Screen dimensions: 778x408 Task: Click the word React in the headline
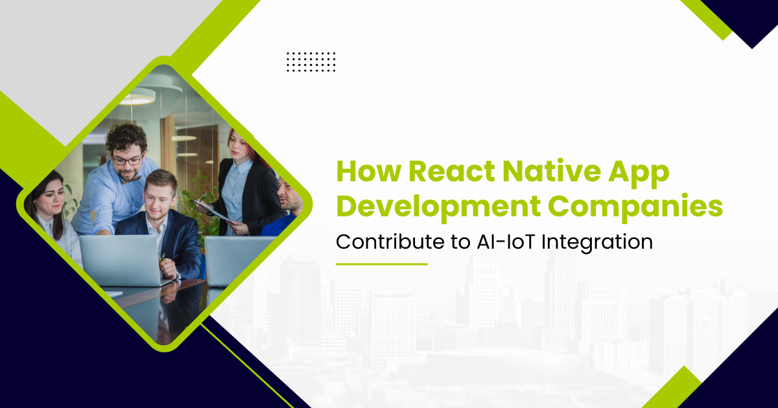pos(451,171)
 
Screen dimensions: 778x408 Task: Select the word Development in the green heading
pos(438,207)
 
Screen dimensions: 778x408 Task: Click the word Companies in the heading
pos(635,207)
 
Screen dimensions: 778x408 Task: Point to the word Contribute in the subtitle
pos(390,242)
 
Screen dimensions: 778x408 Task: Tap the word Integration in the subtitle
pos(597,242)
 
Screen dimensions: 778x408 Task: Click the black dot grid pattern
pos(311,62)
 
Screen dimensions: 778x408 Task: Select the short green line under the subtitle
pos(381,264)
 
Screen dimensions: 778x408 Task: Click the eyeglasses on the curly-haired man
pos(128,161)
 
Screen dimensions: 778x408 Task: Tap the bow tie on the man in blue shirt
pos(131,180)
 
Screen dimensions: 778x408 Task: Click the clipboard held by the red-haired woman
pos(215,212)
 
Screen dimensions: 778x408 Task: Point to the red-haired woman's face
pos(239,146)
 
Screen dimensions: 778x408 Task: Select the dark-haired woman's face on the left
pos(52,198)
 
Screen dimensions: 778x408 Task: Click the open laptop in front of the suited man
pos(123,260)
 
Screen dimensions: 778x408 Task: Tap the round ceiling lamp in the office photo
pos(138,96)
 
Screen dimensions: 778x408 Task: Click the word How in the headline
pos(369,171)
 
